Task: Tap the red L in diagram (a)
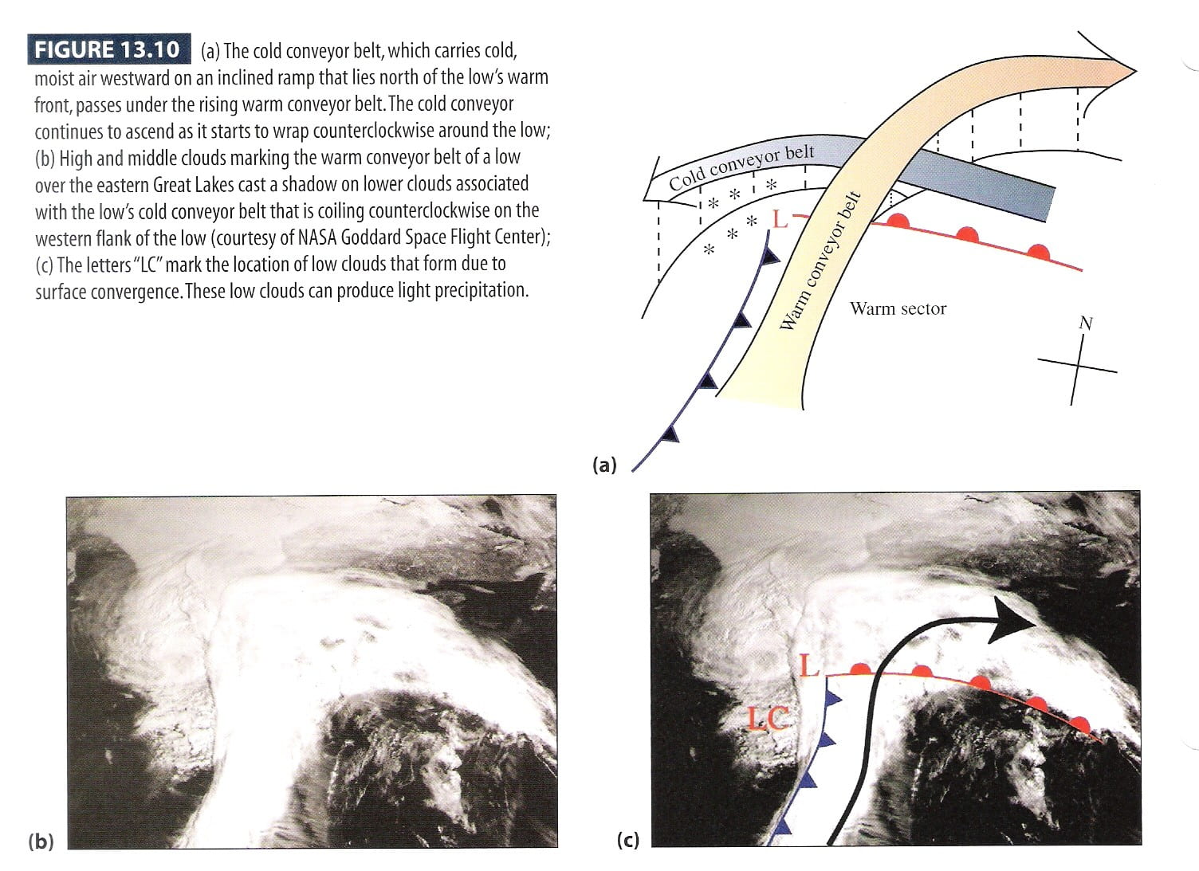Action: [780, 218]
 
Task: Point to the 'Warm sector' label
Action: [898, 308]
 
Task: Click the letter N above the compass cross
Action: [1085, 323]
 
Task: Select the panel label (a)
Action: [604, 465]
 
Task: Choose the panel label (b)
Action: [41, 842]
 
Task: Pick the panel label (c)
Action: [627, 840]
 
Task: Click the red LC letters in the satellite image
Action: [769, 719]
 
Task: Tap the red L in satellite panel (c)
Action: [809, 665]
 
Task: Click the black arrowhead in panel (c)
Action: [1010, 618]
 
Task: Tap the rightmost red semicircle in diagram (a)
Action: [1038, 252]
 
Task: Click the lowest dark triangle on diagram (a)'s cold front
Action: [671, 434]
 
